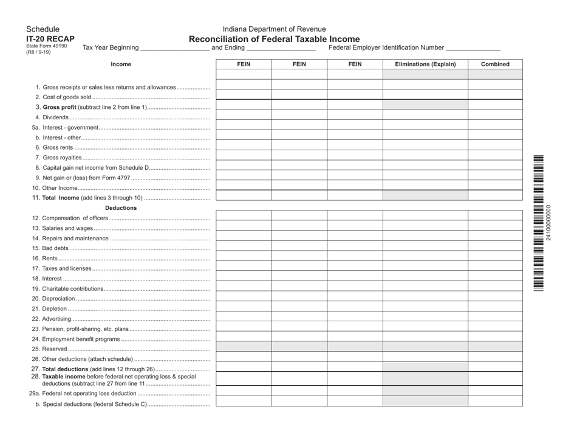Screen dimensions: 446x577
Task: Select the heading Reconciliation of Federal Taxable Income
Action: [274, 39]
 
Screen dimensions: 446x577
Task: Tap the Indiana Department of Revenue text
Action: [274, 29]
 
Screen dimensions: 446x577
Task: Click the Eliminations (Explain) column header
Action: [425, 64]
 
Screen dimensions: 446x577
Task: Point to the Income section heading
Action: [121, 64]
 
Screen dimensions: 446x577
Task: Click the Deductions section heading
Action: [121, 207]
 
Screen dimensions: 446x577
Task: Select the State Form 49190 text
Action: [47, 46]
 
